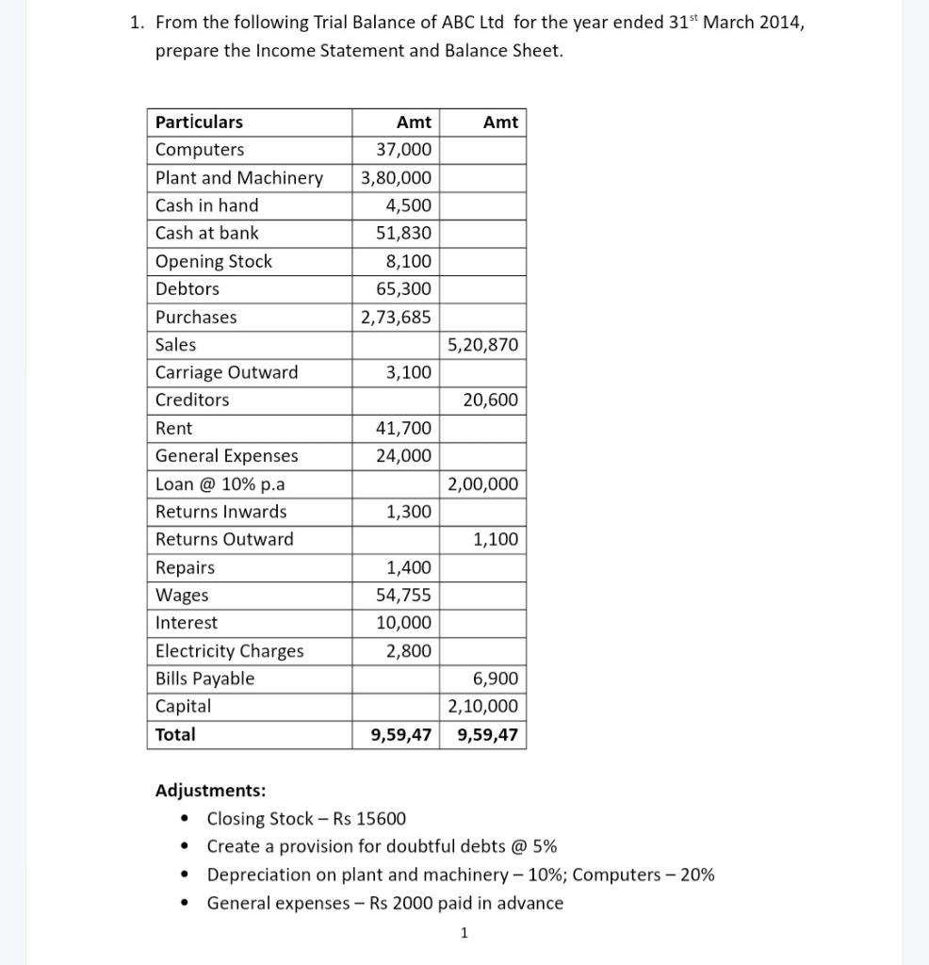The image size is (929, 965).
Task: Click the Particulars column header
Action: click(x=199, y=122)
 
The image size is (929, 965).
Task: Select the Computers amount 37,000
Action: click(x=403, y=150)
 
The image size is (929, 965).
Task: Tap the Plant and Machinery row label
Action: click(x=238, y=177)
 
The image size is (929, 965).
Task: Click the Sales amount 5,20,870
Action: click(x=482, y=345)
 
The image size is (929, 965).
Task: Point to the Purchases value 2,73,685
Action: click(x=396, y=317)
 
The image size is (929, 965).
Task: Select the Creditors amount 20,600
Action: click(x=490, y=401)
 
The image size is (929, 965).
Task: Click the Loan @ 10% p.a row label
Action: click(x=220, y=484)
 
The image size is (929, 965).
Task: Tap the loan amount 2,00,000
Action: click(x=482, y=484)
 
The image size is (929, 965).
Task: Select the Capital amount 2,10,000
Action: click(x=482, y=707)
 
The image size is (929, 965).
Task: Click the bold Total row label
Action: click(x=175, y=735)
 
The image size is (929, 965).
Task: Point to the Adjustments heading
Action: click(x=210, y=791)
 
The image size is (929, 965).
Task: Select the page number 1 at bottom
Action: click(x=464, y=934)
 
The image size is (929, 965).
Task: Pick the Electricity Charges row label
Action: click(x=229, y=651)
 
